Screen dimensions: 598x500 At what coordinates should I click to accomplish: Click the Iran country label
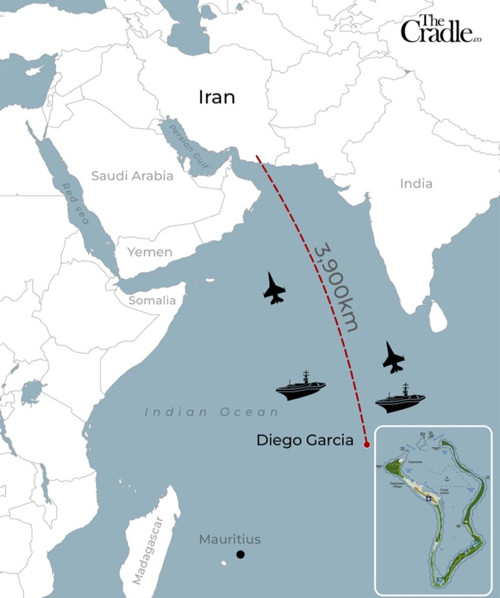(x=217, y=97)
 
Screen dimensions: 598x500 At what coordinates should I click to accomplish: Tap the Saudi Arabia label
(x=132, y=176)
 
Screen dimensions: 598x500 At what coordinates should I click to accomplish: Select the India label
(x=416, y=183)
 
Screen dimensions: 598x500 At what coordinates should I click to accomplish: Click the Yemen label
(x=150, y=252)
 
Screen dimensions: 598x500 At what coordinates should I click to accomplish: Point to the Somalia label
(x=152, y=301)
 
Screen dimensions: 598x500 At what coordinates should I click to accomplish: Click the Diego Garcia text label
(x=305, y=440)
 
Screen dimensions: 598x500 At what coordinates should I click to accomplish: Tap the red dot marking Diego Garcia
(x=367, y=445)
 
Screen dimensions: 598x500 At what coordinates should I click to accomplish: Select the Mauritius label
(x=230, y=540)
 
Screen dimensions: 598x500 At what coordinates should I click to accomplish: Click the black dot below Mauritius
(x=240, y=554)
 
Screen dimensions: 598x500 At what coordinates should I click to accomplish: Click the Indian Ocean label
(x=212, y=412)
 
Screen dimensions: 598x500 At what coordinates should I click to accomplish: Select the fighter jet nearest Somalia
(x=274, y=288)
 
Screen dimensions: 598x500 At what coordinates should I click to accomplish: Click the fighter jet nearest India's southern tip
(x=393, y=357)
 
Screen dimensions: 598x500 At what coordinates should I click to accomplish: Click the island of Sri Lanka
(x=437, y=316)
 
